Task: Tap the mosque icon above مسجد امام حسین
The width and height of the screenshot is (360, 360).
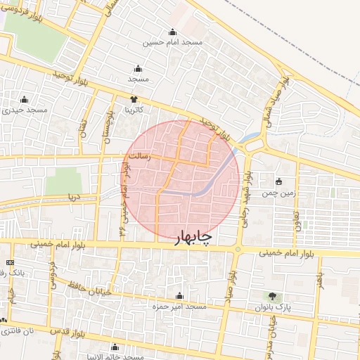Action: tap(173, 32)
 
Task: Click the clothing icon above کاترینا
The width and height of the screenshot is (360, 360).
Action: tap(134, 100)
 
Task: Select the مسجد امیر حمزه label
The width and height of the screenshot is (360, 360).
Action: tap(179, 307)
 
